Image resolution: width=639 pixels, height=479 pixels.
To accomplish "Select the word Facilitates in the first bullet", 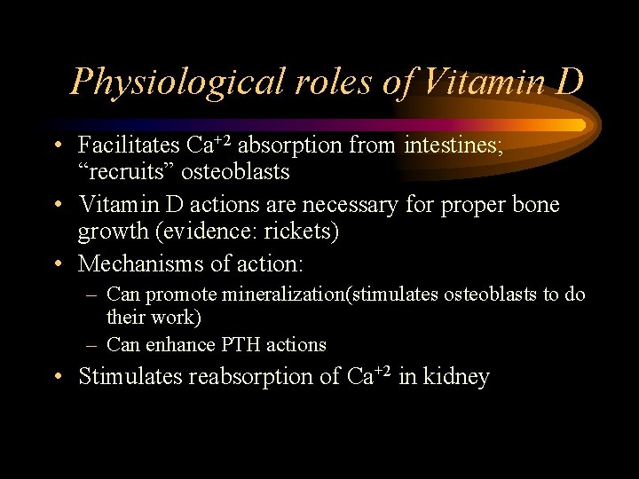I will point(130,144).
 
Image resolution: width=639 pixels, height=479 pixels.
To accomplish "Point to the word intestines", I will point(454,144).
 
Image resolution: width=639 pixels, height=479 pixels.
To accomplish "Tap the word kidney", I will point(457,377).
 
